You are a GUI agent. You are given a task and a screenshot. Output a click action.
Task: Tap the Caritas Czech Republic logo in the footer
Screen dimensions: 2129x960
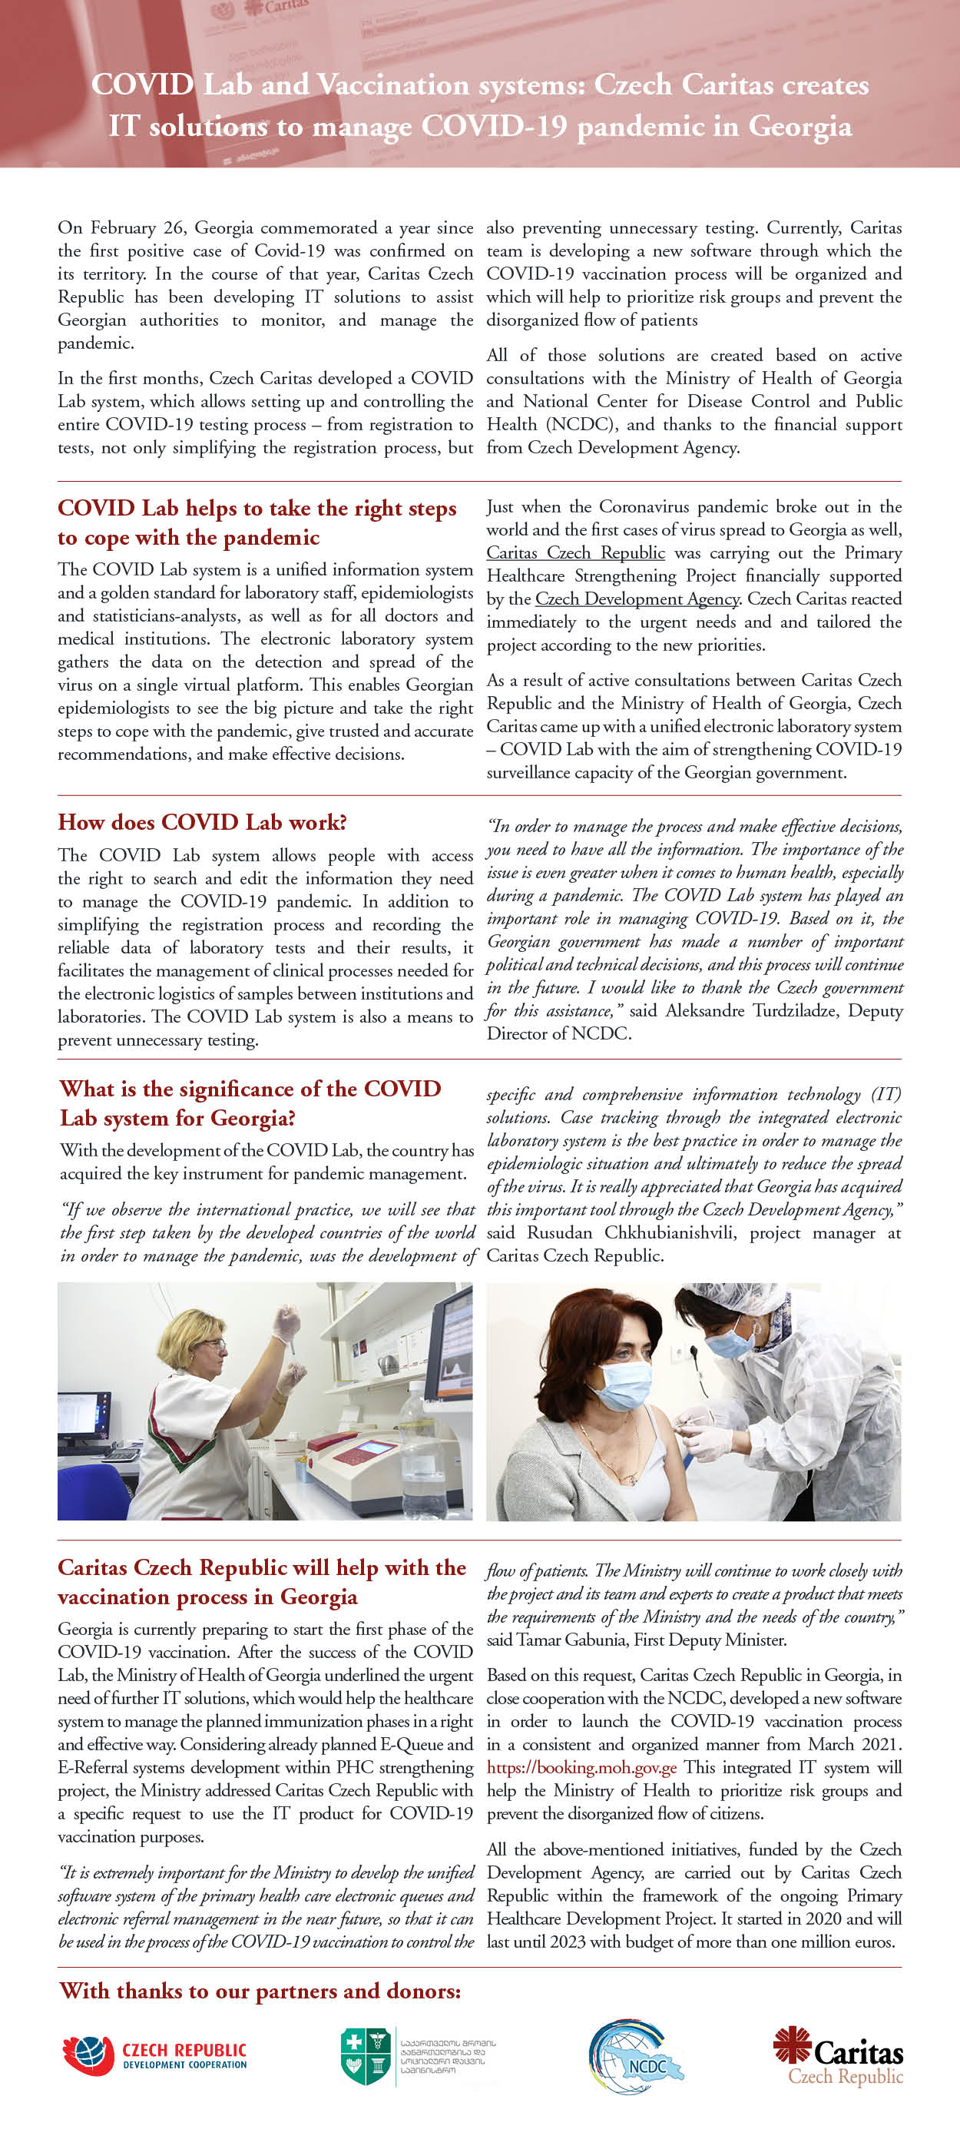(x=838, y=2057)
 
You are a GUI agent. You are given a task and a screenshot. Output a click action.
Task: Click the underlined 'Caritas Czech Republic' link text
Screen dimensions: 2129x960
(x=575, y=553)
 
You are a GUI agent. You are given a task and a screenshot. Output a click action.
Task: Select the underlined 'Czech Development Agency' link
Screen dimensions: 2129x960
(x=637, y=599)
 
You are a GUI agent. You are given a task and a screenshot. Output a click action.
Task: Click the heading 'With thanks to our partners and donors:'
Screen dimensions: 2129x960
(x=260, y=1991)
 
